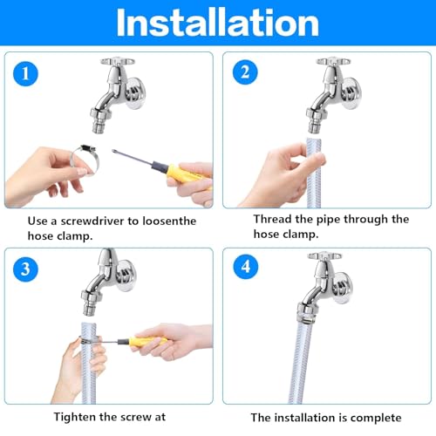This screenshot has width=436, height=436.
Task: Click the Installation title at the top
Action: [218, 24]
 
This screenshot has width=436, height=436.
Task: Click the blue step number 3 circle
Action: [30, 271]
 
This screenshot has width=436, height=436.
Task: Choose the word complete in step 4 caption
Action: [371, 417]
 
